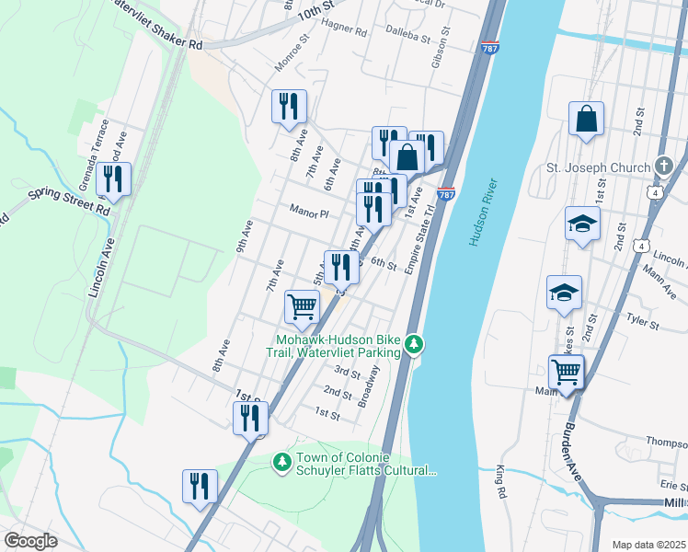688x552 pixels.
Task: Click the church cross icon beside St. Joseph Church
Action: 665,167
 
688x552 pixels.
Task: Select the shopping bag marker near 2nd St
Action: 586,120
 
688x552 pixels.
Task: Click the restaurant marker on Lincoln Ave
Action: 113,179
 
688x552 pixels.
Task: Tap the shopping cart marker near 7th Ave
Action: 302,308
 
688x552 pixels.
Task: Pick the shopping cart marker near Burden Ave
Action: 566,373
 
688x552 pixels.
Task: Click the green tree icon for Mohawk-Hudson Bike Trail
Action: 416,344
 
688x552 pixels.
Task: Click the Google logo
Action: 30,541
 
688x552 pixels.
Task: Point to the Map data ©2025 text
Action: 648,545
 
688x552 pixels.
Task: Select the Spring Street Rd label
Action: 70,200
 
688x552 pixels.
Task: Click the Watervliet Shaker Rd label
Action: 156,28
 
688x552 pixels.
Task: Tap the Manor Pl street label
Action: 309,213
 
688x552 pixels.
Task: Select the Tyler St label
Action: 642,324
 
